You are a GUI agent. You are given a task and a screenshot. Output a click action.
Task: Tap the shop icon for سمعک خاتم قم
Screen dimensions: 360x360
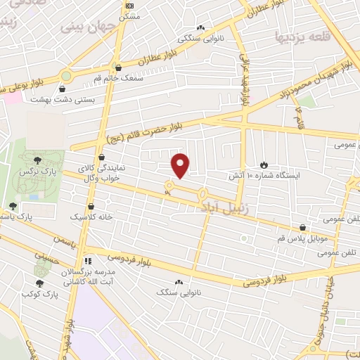coord(117,68)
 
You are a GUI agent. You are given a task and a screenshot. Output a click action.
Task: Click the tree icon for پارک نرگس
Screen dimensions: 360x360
coord(37,161)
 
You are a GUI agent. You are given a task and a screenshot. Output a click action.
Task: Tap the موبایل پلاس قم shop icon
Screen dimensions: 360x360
coord(302,228)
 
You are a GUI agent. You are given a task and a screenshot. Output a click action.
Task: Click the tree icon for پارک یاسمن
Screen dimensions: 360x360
coord(12,206)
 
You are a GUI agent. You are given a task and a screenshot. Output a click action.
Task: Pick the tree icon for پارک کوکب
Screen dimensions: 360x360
coord(39,283)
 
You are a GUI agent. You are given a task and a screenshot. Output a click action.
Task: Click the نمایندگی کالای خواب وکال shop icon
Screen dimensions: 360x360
coord(103,157)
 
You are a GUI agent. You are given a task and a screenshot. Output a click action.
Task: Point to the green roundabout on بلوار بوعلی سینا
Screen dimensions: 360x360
coord(66,75)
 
